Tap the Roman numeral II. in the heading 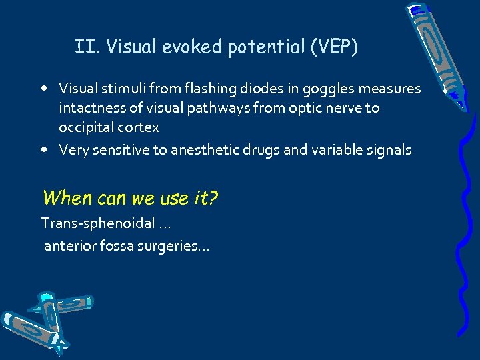tap(87, 47)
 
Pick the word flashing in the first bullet tap(211, 88)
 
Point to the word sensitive tap(123, 150)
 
